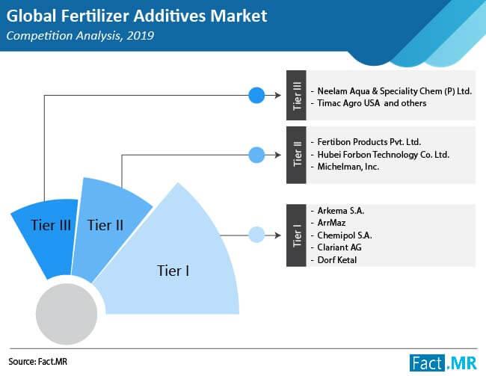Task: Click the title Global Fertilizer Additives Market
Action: (x=137, y=16)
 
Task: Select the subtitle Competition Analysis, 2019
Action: (x=80, y=36)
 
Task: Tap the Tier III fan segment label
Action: (x=51, y=225)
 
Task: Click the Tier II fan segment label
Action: (x=105, y=225)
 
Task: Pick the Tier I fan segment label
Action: (x=173, y=271)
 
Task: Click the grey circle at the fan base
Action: (x=67, y=314)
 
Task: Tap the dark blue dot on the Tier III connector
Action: (x=256, y=95)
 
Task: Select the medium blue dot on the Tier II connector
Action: (x=256, y=155)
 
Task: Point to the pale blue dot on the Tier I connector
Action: (x=256, y=235)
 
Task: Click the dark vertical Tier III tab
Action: (x=296, y=95)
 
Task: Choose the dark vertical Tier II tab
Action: (x=296, y=155)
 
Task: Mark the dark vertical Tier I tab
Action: (x=296, y=235)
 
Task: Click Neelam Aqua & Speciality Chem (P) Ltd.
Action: (x=395, y=91)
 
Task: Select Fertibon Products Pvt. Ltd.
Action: (x=369, y=142)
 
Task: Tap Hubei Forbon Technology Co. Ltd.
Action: (x=384, y=155)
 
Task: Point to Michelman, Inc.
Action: (x=348, y=167)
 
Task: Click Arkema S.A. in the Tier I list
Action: (x=341, y=211)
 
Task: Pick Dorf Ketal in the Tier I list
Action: (x=337, y=259)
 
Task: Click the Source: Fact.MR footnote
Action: (x=38, y=362)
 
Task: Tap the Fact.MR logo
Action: (x=443, y=363)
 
